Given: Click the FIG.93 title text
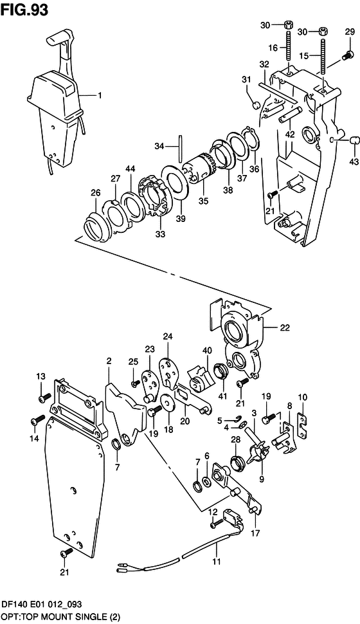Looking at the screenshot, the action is [24, 9].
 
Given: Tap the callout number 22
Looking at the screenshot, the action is [285, 328].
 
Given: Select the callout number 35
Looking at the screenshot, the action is [203, 201].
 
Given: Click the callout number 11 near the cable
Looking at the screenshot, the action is [216, 562].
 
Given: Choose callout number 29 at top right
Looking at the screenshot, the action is [350, 32].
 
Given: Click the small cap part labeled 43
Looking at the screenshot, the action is [354, 140].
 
